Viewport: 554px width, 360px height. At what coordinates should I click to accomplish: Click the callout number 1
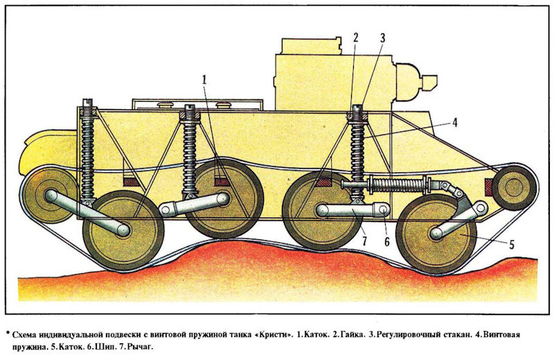(204, 80)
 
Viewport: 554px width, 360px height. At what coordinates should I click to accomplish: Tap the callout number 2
(356, 37)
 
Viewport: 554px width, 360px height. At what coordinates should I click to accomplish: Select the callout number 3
(382, 38)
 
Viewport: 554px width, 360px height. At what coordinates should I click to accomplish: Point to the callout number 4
(455, 123)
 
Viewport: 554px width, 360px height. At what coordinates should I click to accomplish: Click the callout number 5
(511, 244)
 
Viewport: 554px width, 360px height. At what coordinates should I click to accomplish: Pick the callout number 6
(386, 242)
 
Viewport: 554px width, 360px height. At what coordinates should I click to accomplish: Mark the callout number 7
(364, 241)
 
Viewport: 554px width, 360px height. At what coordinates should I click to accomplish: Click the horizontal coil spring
(399, 185)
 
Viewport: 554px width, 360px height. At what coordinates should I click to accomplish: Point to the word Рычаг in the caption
(141, 347)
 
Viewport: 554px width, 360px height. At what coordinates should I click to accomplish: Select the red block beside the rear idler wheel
(489, 187)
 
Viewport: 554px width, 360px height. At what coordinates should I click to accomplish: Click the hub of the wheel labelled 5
(437, 233)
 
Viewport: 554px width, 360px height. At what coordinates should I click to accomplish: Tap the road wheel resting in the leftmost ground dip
(123, 231)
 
